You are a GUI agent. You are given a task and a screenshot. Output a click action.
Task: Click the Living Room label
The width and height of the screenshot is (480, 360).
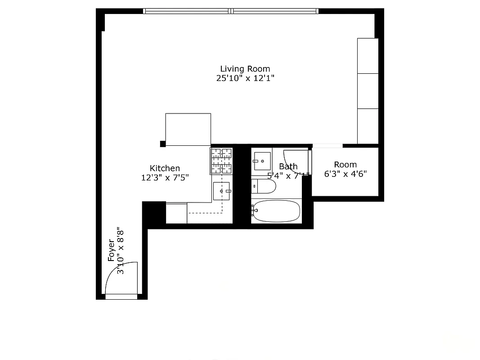click(x=245, y=69)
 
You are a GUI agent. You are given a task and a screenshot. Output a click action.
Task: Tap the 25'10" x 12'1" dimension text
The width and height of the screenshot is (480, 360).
click(x=245, y=78)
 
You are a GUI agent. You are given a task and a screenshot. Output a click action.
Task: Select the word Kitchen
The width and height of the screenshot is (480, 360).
click(x=165, y=168)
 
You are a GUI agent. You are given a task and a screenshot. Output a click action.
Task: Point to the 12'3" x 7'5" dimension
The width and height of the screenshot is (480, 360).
click(x=165, y=177)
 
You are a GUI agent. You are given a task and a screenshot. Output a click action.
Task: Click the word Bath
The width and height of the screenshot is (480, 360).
click(x=288, y=166)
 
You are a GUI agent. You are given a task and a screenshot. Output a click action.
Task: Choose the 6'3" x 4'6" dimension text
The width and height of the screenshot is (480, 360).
click(x=345, y=174)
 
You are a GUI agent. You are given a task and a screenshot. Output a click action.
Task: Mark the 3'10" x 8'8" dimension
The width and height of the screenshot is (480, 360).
click(x=121, y=250)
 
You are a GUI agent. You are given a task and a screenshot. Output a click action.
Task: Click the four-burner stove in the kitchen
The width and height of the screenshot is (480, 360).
click(x=221, y=161)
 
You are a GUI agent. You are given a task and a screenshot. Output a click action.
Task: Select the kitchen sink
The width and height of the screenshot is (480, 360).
click(x=221, y=191)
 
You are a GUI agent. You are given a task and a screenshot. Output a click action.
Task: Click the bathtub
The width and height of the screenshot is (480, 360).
click(x=276, y=211)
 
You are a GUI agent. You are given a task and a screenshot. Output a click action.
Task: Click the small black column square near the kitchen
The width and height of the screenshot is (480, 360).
click(x=162, y=144)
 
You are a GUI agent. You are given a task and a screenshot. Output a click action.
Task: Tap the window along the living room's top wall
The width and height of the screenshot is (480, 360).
click(x=230, y=11)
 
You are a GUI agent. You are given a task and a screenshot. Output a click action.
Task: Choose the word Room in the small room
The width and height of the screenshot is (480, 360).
click(x=345, y=165)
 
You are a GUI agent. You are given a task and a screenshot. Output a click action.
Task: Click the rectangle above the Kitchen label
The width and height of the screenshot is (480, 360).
click(x=188, y=130)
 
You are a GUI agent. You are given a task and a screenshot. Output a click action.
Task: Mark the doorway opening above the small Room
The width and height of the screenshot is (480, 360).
click(x=327, y=146)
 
